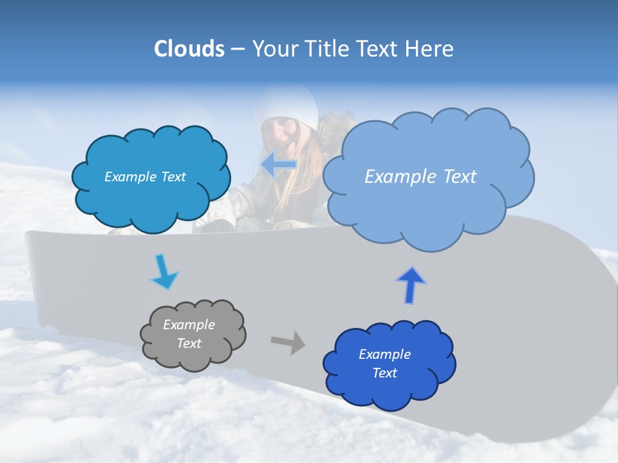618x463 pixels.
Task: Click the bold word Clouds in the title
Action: point(189,49)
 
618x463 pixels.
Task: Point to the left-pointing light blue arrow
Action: point(279,165)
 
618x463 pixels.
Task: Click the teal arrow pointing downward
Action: point(164,272)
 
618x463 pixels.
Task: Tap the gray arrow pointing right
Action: point(288,342)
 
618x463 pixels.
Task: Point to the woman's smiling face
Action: point(279,132)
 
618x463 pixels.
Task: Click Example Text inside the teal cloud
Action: point(145,177)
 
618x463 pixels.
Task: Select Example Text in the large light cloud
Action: point(420,177)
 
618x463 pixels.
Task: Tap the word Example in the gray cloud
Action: point(189,325)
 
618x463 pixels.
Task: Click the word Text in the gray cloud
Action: point(189,343)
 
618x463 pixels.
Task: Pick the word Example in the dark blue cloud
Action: point(384,354)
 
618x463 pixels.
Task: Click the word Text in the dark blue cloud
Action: point(384,373)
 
